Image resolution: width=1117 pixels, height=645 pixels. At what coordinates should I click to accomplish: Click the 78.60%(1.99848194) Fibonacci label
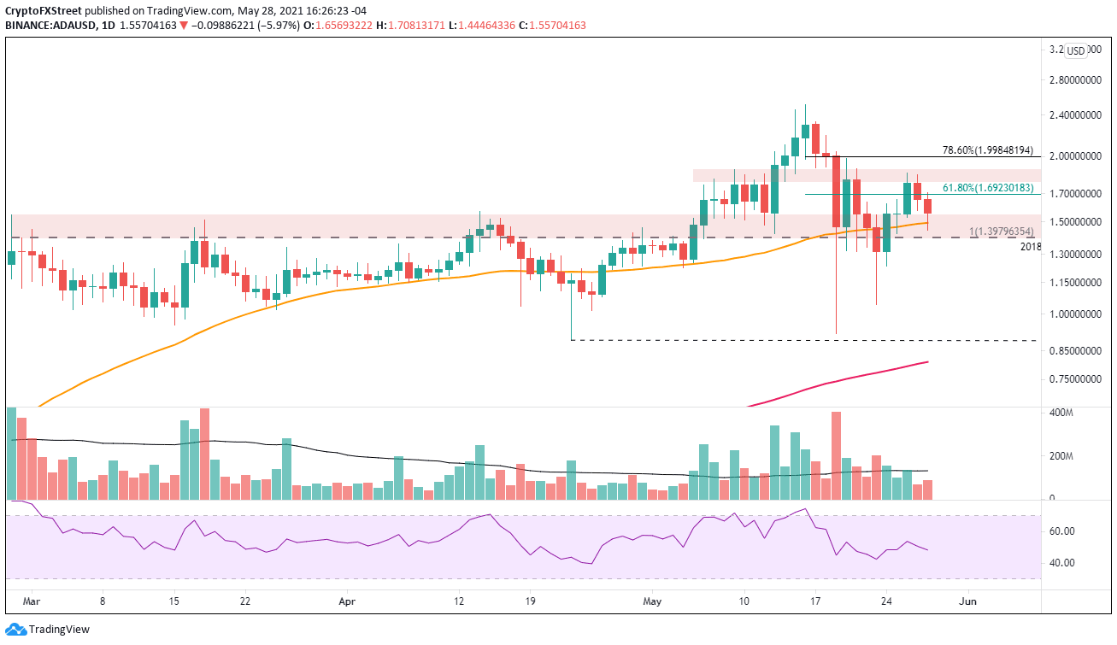(x=991, y=149)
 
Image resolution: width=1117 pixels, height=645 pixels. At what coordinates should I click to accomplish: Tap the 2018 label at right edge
(x=1032, y=246)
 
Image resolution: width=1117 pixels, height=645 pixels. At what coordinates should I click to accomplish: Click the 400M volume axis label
(x=1062, y=413)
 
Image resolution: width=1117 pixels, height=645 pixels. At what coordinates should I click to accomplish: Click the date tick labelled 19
(x=529, y=601)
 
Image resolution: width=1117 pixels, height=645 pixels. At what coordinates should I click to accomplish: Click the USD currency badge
(x=1076, y=51)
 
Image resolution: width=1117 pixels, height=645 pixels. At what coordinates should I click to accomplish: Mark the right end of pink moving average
(x=928, y=362)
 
